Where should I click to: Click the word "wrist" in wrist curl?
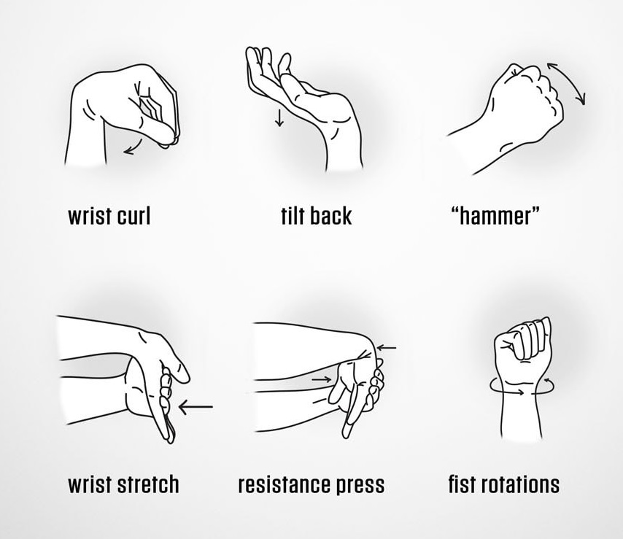tap(90, 216)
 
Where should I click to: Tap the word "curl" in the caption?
tap(134, 216)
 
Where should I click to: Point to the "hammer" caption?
tap(495, 217)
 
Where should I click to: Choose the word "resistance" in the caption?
tap(284, 485)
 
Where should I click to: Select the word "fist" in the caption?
tap(461, 484)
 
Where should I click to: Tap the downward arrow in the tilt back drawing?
tap(279, 118)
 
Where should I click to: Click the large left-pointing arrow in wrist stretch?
tap(196, 407)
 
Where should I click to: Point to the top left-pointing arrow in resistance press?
tap(387, 348)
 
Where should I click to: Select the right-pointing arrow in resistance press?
tap(321, 380)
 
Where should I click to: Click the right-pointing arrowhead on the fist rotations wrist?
tap(521, 392)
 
